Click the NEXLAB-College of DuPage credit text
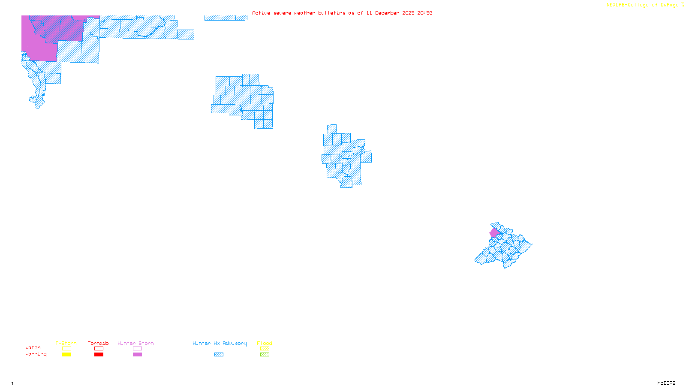tap(642, 5)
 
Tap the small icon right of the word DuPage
tap(682, 5)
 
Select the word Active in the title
tap(261, 13)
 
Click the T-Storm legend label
tap(66, 343)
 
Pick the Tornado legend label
tap(98, 343)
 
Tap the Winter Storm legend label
tap(135, 343)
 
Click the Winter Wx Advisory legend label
tap(220, 343)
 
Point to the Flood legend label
tap(265, 343)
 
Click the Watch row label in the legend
tap(33, 347)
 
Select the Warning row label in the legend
tap(36, 354)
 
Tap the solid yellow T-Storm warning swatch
tap(66, 355)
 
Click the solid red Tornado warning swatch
tap(99, 355)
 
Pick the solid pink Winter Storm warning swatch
tap(137, 355)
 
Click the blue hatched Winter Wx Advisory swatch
tap(219, 355)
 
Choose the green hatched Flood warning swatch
tap(265, 355)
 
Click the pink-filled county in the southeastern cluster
tap(494, 233)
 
